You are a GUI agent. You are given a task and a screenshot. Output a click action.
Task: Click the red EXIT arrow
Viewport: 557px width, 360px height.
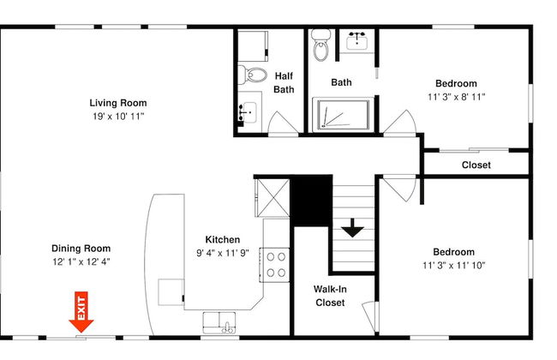(81, 312)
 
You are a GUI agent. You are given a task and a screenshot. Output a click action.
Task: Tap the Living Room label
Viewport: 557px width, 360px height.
(118, 103)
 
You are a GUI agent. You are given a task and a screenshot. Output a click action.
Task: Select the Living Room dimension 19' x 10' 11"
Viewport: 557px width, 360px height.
(118, 117)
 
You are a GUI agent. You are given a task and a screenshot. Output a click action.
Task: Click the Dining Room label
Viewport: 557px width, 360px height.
(81, 249)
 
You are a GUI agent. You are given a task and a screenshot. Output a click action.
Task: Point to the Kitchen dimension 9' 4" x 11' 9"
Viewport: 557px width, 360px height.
(223, 253)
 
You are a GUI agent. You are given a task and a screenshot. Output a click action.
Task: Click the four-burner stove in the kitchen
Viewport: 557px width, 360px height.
(274, 265)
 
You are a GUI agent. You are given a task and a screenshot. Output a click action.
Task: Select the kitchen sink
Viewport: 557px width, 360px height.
(219, 322)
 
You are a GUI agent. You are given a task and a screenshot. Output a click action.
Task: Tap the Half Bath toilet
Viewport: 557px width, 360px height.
(252, 75)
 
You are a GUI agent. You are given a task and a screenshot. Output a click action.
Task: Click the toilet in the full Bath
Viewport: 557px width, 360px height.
(321, 45)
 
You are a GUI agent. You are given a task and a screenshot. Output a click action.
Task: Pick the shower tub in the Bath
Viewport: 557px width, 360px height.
(343, 115)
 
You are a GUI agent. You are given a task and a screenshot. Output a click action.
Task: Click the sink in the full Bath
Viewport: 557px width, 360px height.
(356, 39)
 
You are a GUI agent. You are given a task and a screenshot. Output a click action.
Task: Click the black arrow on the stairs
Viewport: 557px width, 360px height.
(352, 228)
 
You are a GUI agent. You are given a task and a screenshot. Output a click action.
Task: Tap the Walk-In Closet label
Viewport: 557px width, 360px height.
(330, 296)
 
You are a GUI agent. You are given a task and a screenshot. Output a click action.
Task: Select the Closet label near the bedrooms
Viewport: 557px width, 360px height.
(476, 165)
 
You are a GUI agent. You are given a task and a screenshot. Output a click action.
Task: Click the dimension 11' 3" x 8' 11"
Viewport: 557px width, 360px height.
(456, 97)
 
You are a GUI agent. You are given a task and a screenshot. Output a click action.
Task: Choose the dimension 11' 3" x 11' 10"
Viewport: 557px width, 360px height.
(453, 265)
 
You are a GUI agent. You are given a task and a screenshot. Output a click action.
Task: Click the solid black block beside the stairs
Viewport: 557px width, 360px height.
(311, 201)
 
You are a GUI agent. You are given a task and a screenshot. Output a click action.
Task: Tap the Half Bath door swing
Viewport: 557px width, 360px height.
(283, 123)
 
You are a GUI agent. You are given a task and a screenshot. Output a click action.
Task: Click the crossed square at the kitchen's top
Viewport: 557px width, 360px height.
(273, 198)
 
